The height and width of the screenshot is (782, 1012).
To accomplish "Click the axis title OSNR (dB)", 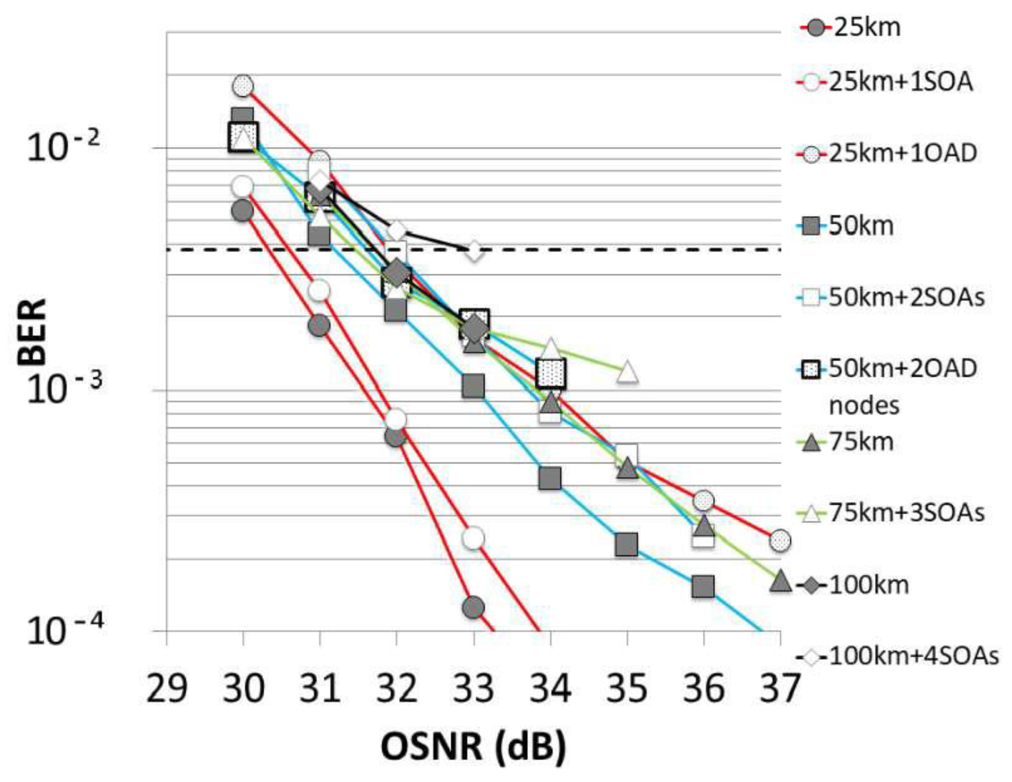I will [x=473, y=746].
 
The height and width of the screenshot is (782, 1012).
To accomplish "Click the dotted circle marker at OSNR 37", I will [x=780, y=540].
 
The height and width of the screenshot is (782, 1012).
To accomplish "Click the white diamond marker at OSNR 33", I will [x=473, y=251].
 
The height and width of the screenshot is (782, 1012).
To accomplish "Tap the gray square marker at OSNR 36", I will [x=703, y=587].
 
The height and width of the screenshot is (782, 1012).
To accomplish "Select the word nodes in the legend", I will [x=864, y=405].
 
